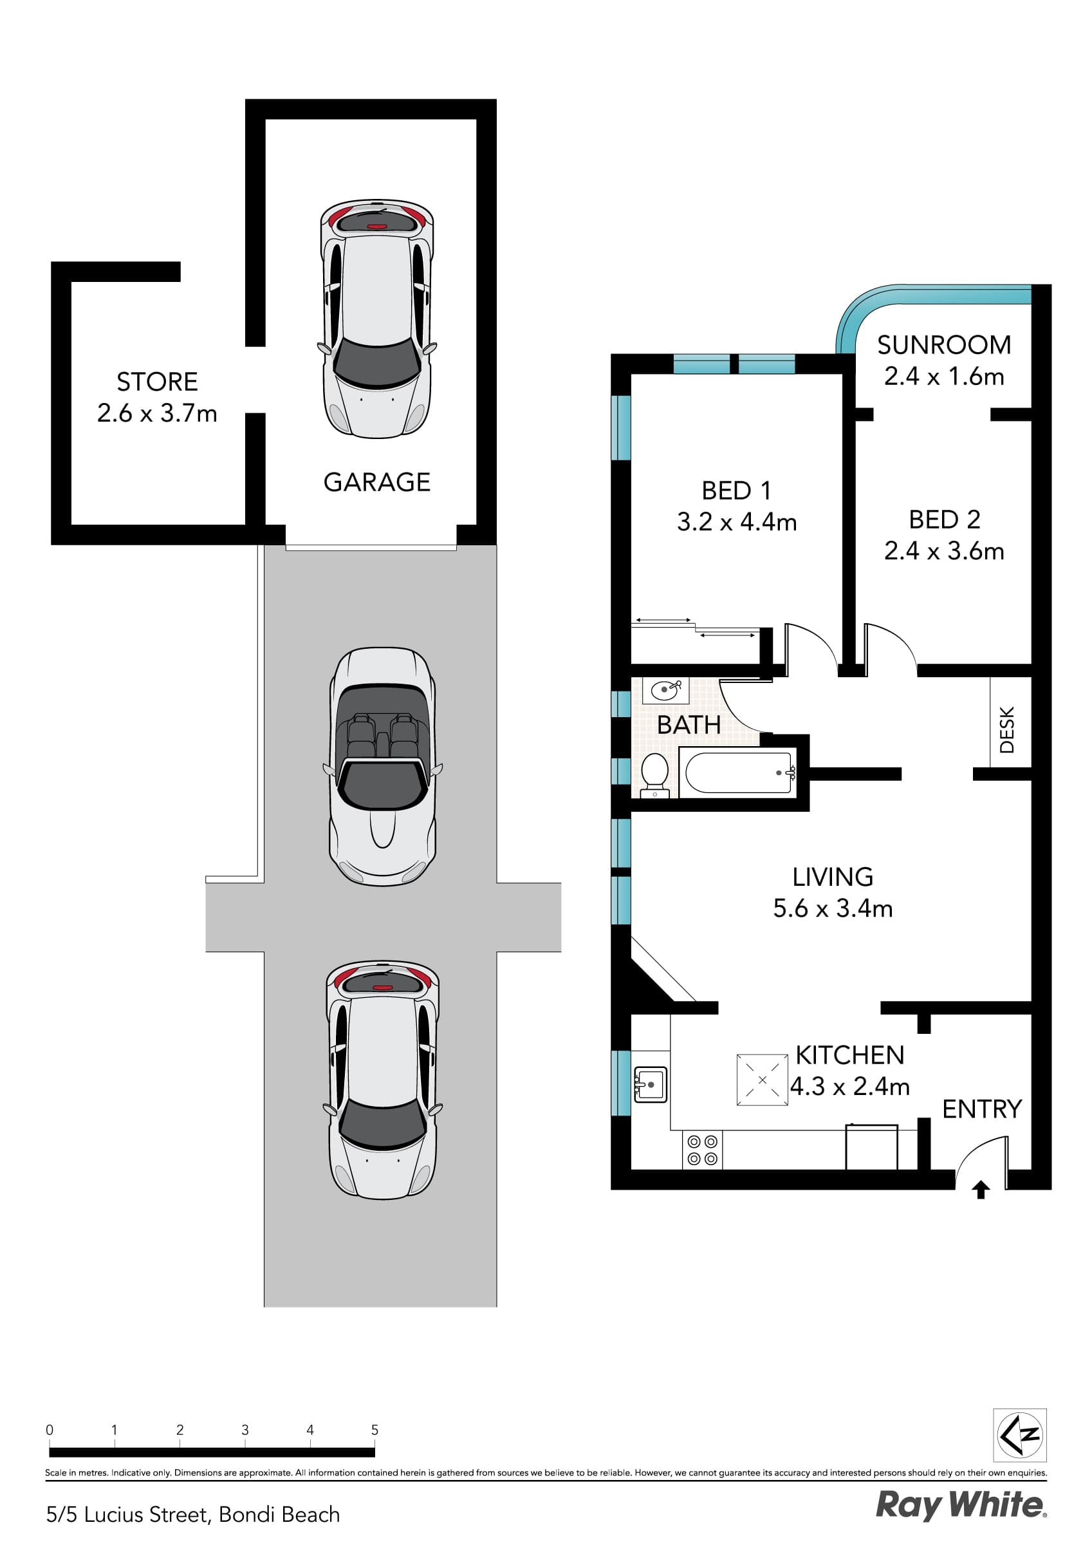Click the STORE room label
coord(157,382)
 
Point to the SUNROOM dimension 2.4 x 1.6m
coord(943,376)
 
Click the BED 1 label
coord(736,491)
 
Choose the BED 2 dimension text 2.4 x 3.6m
coord(943,550)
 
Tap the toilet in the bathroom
coord(654,774)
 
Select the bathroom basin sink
coord(665,689)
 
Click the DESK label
coord(1006,729)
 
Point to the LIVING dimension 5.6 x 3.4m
coord(832,908)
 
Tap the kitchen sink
coord(651,1084)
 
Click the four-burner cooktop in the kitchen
coord(703,1150)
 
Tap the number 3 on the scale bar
coord(245,1430)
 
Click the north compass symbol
coord(1019,1436)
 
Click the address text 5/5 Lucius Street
coord(128,1514)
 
